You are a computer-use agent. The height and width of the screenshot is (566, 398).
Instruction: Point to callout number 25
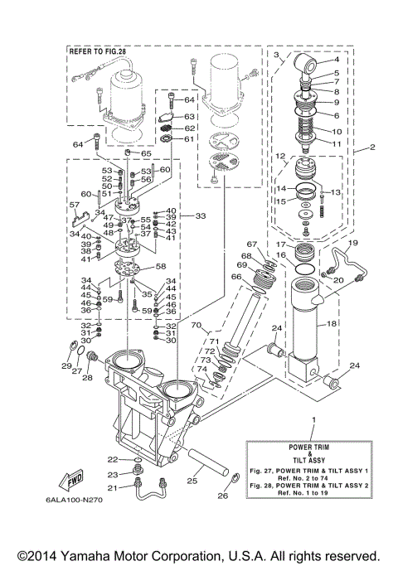pyautogui.click(x=192, y=481)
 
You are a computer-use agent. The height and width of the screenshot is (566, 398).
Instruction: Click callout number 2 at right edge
pyautogui.click(x=372, y=148)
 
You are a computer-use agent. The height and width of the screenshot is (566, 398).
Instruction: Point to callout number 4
pyautogui.click(x=337, y=60)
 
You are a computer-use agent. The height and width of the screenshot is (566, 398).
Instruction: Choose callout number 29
pyautogui.click(x=66, y=365)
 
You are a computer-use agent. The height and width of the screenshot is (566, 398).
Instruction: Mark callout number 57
pyautogui.click(x=74, y=204)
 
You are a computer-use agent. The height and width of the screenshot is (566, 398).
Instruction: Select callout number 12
pyautogui.click(x=281, y=156)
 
